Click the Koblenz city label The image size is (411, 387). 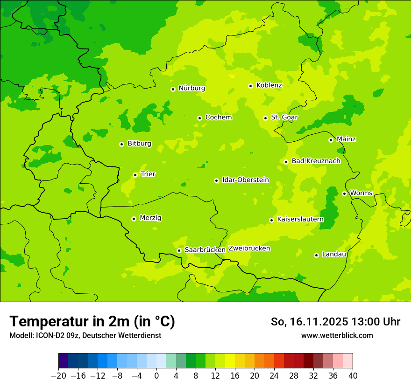point(269,85)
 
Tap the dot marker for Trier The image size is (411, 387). point(135,175)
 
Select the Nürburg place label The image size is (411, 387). point(191,88)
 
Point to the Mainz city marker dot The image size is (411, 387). point(331,140)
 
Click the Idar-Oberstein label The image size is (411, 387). point(246,180)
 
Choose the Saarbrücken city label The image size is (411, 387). point(205,250)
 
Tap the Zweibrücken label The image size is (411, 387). point(249,249)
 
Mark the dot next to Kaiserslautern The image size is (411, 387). point(271,220)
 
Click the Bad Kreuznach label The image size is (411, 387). point(316,161)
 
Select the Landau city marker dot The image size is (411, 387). point(316,255)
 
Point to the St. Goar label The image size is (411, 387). point(284,117)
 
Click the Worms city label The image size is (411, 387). point(361,193)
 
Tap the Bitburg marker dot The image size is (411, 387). point(121,144)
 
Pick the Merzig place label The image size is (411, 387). point(150,218)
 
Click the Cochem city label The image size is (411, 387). point(219,117)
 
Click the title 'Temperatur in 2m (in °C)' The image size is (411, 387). point(92,321)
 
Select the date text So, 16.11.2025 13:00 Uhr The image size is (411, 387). point(335,322)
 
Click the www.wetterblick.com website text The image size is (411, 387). point(337,336)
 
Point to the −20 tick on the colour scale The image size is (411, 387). point(58,376)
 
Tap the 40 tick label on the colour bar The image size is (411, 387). point(353,376)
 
